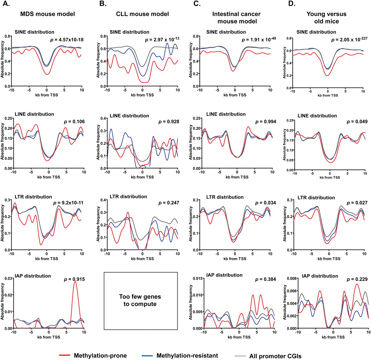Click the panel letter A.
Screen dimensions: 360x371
point(6,4)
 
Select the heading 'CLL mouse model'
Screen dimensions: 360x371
point(142,14)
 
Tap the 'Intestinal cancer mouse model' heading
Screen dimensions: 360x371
point(237,17)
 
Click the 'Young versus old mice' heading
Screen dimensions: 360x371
point(326,17)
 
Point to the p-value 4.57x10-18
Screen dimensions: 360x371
point(67,39)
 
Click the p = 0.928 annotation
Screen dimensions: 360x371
point(169,122)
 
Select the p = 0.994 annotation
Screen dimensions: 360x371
point(265,122)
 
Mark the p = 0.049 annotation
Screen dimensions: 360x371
point(357,122)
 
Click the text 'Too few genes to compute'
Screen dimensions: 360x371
point(141,300)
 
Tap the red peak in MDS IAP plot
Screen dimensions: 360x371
point(75,282)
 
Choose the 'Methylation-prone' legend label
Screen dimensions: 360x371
point(100,355)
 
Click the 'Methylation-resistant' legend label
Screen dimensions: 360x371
point(187,355)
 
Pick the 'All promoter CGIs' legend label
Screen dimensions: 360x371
point(275,356)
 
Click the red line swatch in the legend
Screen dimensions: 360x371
point(64,355)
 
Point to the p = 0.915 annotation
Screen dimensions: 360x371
point(74,279)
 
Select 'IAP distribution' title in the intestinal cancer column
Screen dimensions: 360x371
point(224,275)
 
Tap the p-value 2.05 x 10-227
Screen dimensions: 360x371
point(349,40)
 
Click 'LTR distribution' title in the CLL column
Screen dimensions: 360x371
point(128,197)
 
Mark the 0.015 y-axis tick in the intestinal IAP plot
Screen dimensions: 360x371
point(197,279)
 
